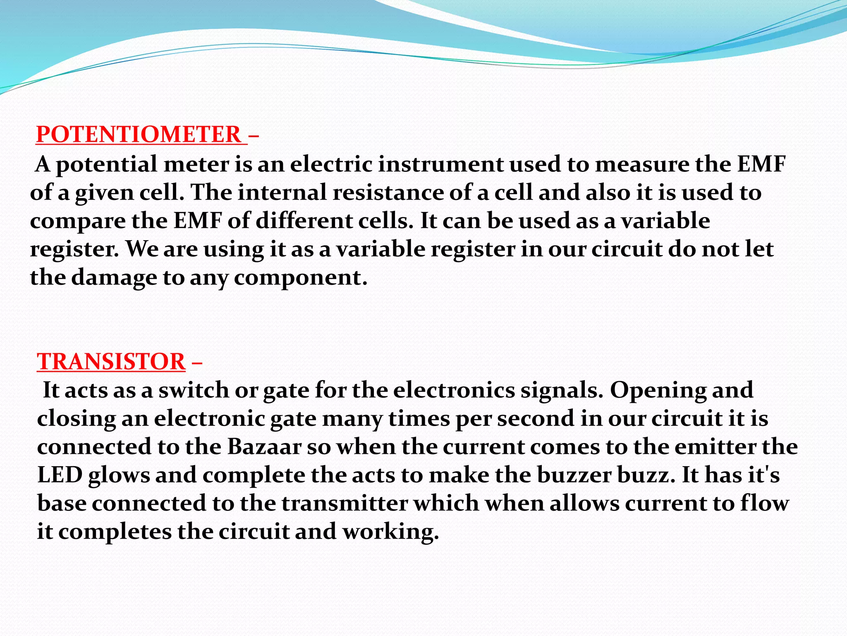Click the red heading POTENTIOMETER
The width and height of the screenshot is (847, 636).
[138, 135]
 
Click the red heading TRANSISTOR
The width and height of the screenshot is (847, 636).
[111, 361]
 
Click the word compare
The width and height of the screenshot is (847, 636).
[78, 222]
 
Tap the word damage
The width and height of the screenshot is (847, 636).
[114, 277]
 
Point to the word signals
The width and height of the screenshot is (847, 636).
[562, 391]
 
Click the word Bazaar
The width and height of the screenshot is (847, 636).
[264, 447]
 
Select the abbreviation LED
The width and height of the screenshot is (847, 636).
[60, 475]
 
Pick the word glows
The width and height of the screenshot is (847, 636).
[119, 476]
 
